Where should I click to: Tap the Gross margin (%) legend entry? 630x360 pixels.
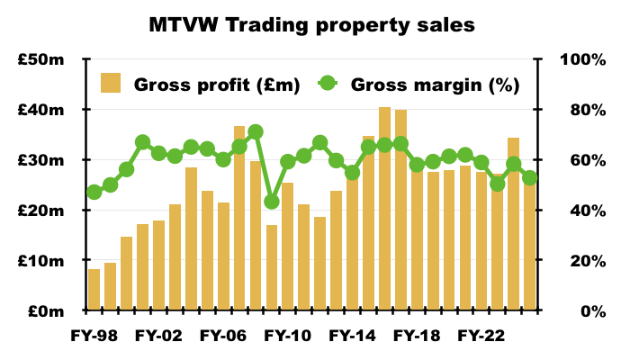coord(423,85)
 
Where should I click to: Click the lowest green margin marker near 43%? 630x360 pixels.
coord(272,202)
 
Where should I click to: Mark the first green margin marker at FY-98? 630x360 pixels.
coord(94,193)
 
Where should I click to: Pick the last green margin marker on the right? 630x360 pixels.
coord(530,178)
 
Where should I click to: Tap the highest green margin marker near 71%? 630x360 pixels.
coord(256,131)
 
